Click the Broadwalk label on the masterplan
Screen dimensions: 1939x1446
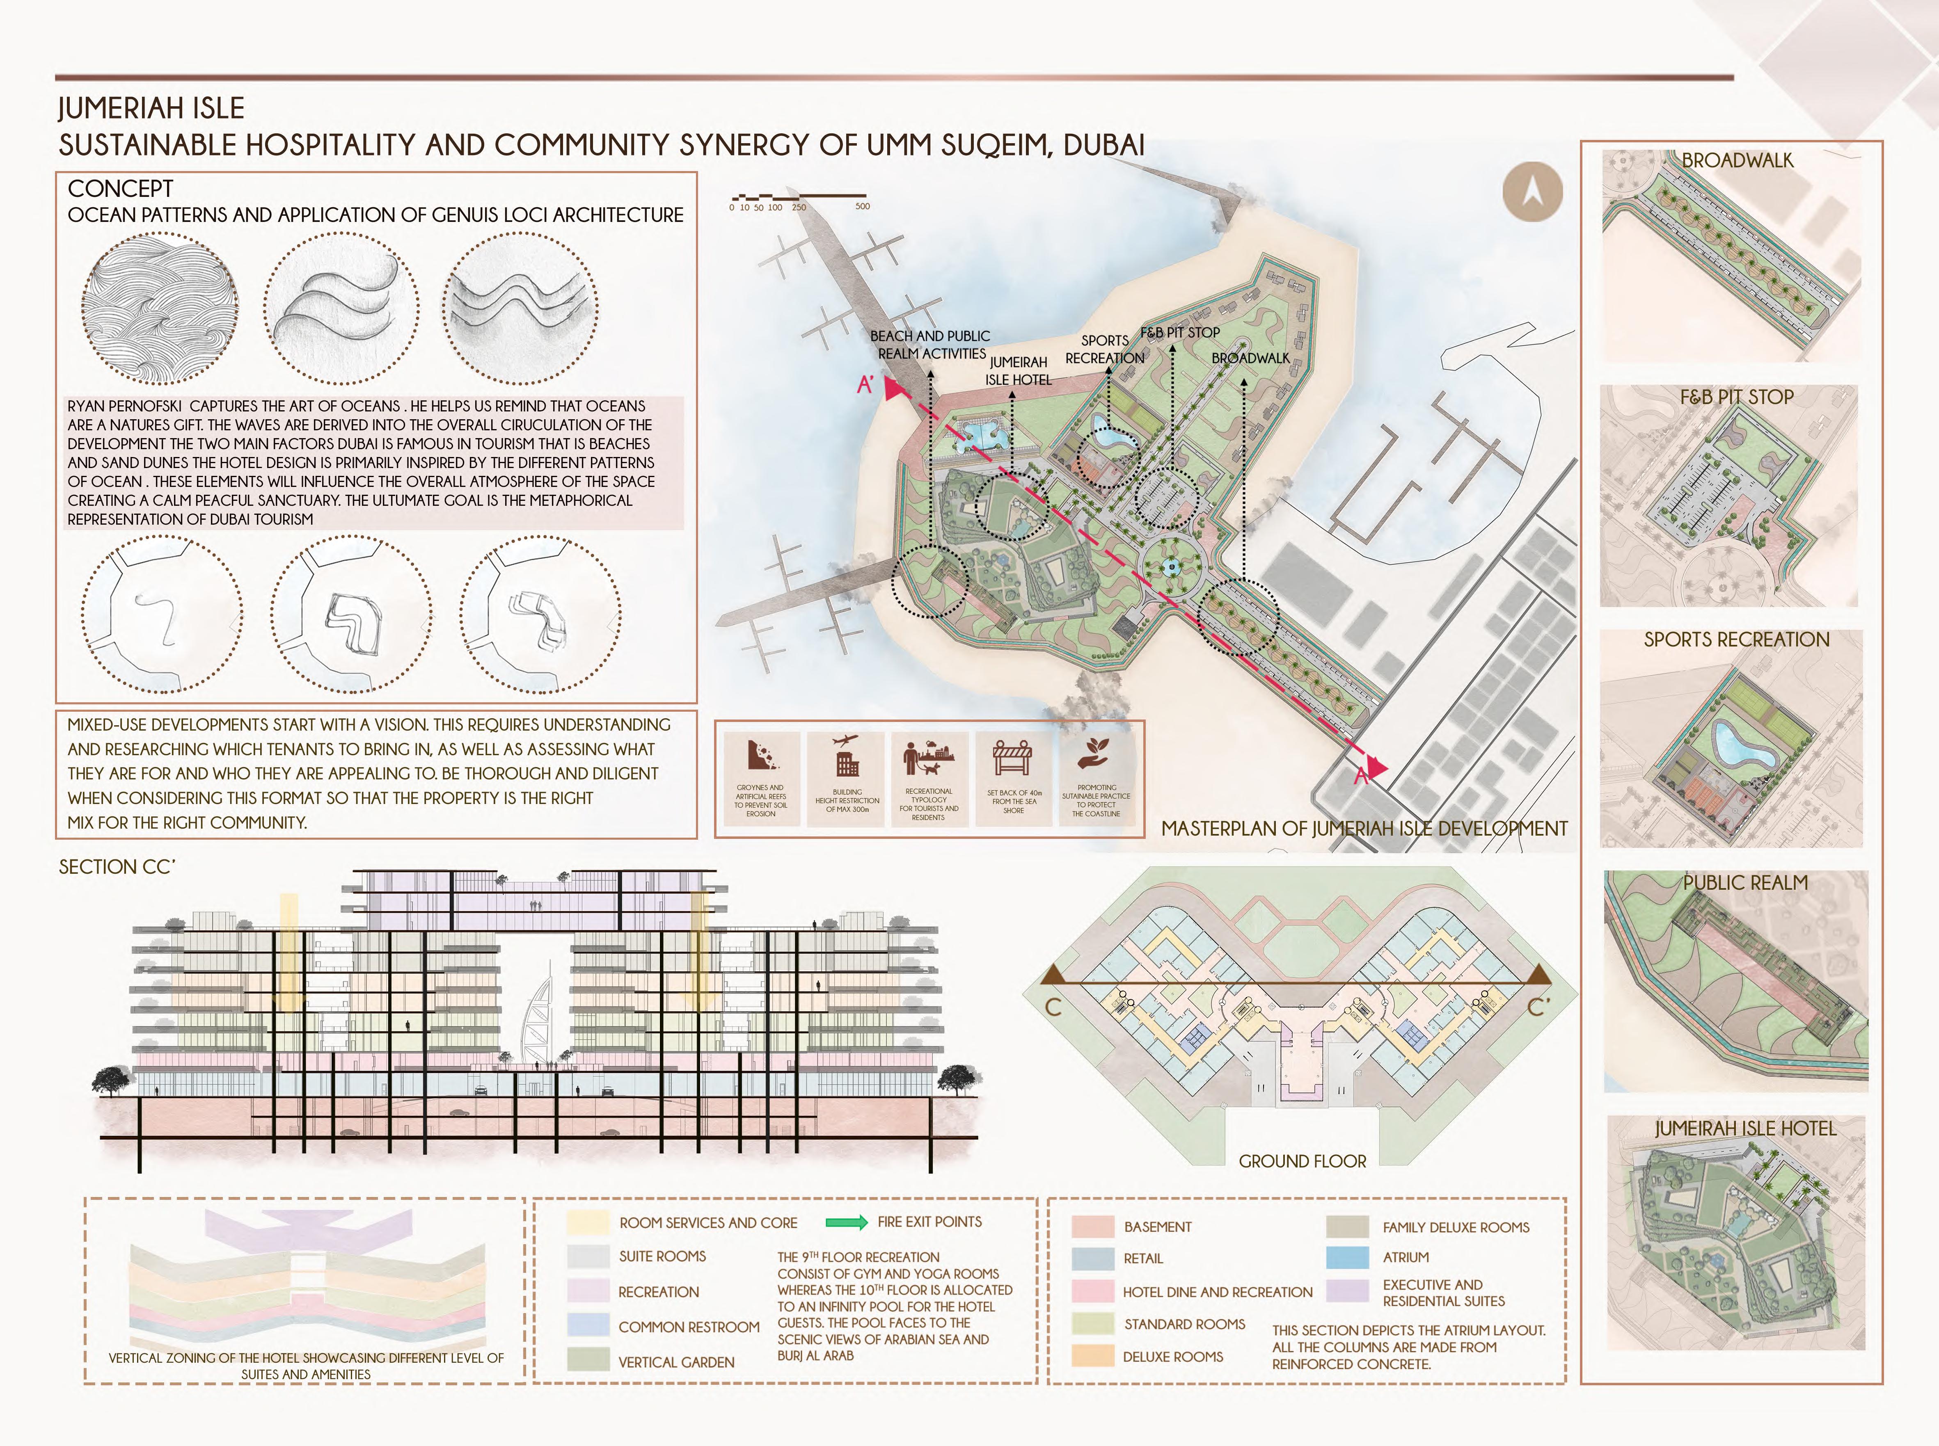1250,358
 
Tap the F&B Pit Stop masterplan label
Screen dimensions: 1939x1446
1179,333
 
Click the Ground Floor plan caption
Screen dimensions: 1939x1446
1302,1162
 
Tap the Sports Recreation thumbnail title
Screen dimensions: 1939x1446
1736,640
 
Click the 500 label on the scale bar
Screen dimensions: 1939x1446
862,207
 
